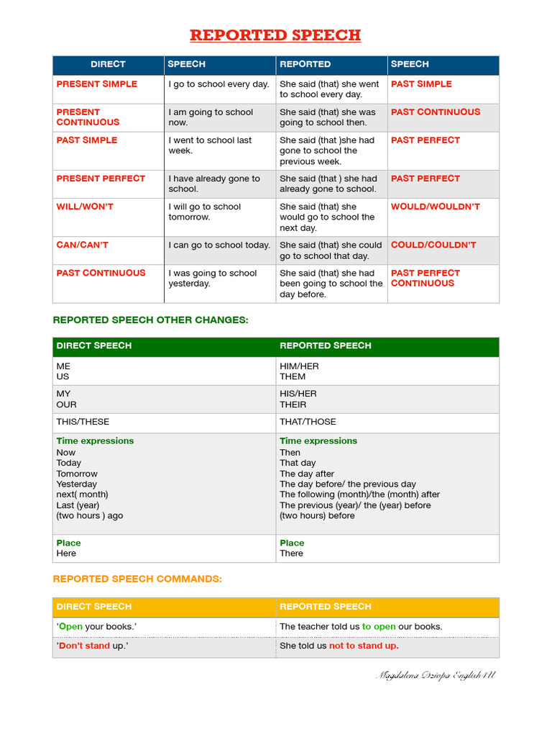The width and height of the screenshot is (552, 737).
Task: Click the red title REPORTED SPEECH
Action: pyautogui.click(x=275, y=35)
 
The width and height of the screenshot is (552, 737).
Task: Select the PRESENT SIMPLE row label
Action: pyautogui.click(x=96, y=84)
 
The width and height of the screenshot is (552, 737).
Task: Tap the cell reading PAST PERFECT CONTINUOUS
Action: pyautogui.click(x=425, y=279)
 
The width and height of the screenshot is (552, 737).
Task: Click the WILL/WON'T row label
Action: pyautogui.click(x=85, y=207)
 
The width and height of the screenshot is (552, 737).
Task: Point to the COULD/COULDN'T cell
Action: pyautogui.click(x=433, y=245)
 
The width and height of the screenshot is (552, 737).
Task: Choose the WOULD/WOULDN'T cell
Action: pyautogui.click(x=436, y=207)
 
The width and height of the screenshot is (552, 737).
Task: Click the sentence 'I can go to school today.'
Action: pyautogui.click(x=219, y=245)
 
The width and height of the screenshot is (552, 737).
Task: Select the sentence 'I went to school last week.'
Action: pyautogui.click(x=210, y=145)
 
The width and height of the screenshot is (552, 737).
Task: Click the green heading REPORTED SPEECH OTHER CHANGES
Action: pyautogui.click(x=151, y=320)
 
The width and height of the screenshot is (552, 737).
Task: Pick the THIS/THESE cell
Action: pyautogui.click(x=83, y=422)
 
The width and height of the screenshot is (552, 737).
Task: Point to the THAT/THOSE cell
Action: pyautogui.click(x=308, y=422)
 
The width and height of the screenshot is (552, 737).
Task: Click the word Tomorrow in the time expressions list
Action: pyautogui.click(x=77, y=474)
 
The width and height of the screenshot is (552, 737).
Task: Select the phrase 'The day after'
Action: pyautogui.click(x=307, y=474)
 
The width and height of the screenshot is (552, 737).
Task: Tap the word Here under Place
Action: pyautogui.click(x=66, y=553)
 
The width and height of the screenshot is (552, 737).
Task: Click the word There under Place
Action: pyautogui.click(x=291, y=553)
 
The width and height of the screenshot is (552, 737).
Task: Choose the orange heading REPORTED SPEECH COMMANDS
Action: pyautogui.click(x=137, y=579)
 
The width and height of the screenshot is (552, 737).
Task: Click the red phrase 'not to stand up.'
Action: pyautogui.click(x=364, y=646)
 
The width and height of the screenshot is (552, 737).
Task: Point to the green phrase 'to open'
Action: pyautogui.click(x=379, y=626)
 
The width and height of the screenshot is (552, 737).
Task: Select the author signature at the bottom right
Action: pyautogui.click(x=436, y=675)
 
